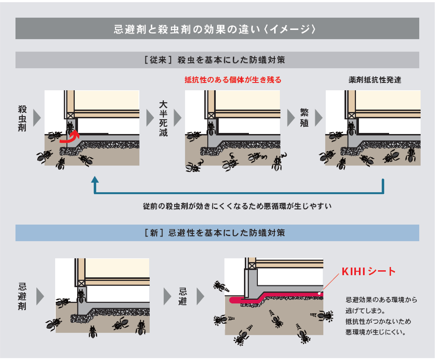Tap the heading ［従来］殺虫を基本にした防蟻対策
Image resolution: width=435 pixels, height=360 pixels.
pos(215,60)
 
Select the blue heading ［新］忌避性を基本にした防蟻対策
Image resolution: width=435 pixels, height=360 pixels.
pos(215,233)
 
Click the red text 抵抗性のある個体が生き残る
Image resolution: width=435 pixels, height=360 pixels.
pos(233,80)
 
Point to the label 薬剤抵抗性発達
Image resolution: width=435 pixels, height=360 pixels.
pos(375,80)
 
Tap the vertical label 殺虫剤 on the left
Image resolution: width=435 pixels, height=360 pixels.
pos(22,119)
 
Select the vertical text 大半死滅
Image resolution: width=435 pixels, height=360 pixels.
pos(163,119)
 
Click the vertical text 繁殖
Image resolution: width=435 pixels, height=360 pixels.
pos(304,118)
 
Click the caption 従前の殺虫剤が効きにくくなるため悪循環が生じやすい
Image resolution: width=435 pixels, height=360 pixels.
pos(237,206)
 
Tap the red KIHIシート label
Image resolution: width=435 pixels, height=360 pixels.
pos(368,271)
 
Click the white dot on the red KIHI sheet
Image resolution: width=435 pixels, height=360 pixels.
pos(319,293)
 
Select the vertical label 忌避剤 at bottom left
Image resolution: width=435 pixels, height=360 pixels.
pos(22,296)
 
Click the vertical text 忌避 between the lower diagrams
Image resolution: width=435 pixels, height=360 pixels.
pos(183,296)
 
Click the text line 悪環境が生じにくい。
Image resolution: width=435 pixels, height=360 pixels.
pos(375,332)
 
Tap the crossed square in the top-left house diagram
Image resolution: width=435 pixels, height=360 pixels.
pos(71,116)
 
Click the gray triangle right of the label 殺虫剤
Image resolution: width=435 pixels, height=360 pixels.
pos(37,118)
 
